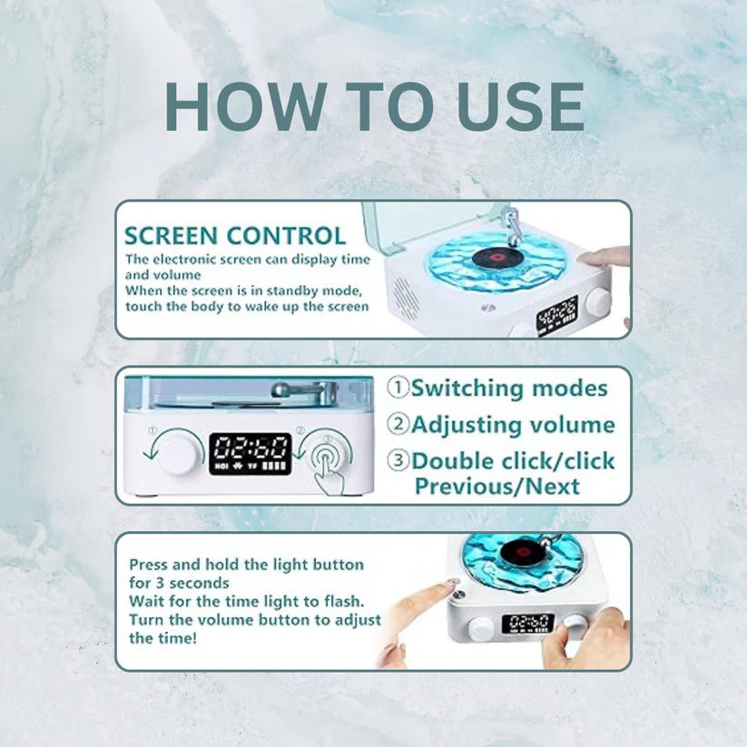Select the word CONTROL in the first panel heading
(x=286, y=236)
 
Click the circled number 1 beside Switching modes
(x=398, y=388)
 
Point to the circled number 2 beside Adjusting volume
(x=398, y=424)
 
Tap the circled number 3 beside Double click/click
(x=398, y=460)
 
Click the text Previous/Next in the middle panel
(x=497, y=487)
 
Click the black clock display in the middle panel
(x=251, y=454)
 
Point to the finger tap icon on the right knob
(x=329, y=465)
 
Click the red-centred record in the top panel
(x=497, y=257)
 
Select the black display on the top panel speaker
(x=557, y=315)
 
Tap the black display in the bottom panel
(x=528, y=624)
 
